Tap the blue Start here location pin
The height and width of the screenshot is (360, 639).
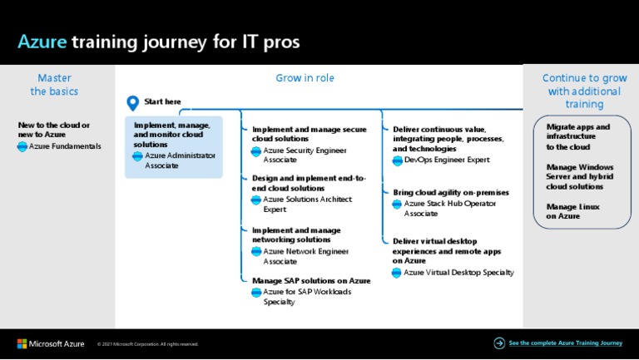(132, 103)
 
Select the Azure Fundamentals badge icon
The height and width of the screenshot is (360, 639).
(22, 146)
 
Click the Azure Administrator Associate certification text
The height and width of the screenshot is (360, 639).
(180, 160)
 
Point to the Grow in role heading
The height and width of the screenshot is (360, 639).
(305, 78)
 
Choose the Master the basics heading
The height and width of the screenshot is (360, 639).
(54, 85)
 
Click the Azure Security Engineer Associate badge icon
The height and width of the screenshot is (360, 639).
(256, 151)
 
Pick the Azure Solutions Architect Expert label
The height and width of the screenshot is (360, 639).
(307, 205)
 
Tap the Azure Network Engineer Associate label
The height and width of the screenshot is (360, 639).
(305, 256)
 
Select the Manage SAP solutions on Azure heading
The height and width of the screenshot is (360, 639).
(311, 280)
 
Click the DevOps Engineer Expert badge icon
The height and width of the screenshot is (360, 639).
(397, 160)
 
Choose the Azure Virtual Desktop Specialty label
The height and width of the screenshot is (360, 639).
(458, 273)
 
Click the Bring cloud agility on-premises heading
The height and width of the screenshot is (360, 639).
(451, 192)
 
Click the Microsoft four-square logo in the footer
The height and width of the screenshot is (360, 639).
(22, 343)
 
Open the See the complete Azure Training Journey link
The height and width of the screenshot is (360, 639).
(565, 343)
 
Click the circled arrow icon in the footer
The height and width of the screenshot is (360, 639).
(499, 343)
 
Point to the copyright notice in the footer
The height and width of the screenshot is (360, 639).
(148, 344)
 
